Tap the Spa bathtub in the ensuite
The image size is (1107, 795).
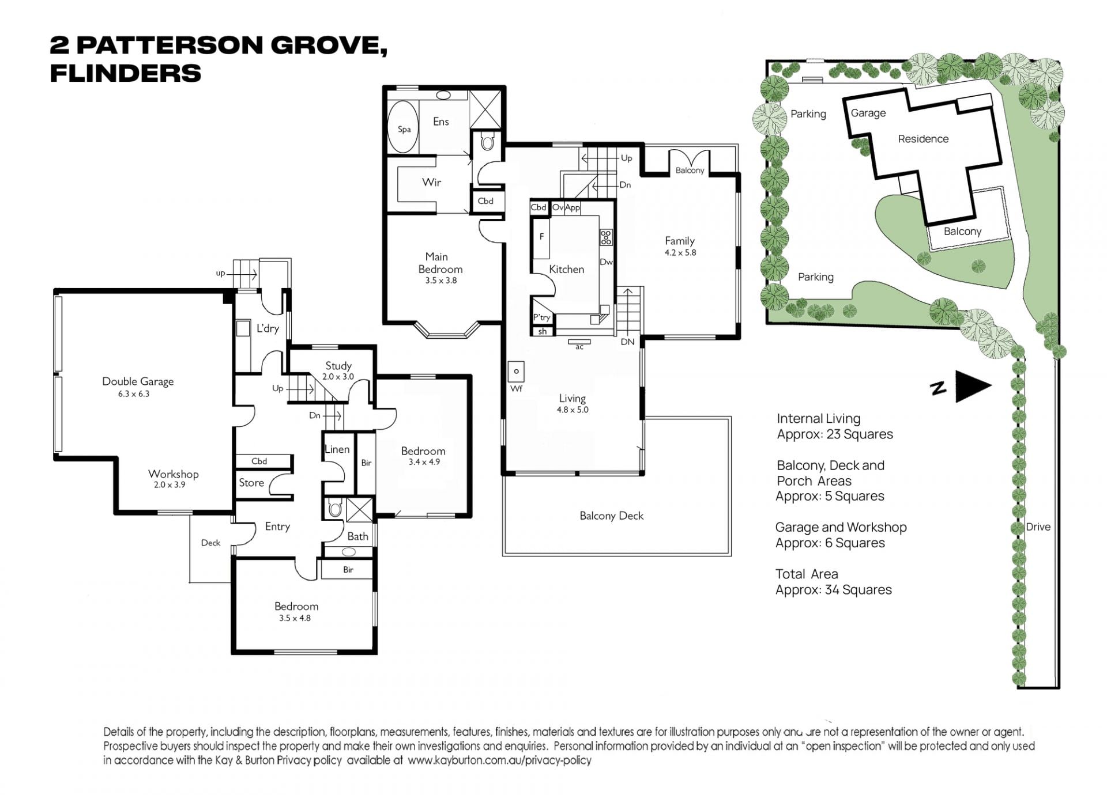[x=404, y=128]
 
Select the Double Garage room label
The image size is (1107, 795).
[x=138, y=381]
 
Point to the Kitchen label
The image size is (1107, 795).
[x=566, y=269]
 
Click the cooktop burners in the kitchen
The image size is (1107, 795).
[x=606, y=237]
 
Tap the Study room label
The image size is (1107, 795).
[x=338, y=366]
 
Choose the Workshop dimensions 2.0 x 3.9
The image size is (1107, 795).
[x=170, y=485]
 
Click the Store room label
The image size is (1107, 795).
[x=251, y=483]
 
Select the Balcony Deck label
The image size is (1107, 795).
[x=611, y=516]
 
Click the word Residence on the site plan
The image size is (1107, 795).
[x=923, y=139]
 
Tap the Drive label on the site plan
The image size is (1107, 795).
[x=1038, y=527]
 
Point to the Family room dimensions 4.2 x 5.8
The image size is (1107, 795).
[x=680, y=252]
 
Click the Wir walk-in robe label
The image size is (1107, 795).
[x=431, y=182]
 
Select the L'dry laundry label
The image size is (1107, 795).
[x=268, y=328]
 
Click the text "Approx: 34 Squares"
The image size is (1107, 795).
[x=834, y=590]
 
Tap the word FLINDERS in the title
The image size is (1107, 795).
[x=126, y=73]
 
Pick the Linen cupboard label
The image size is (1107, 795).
[x=337, y=449]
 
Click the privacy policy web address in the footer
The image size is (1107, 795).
[x=499, y=760]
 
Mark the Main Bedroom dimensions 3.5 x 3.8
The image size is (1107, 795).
[x=440, y=281]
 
